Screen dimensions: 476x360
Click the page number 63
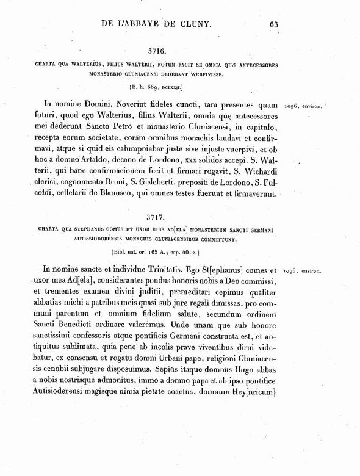[273, 24]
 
